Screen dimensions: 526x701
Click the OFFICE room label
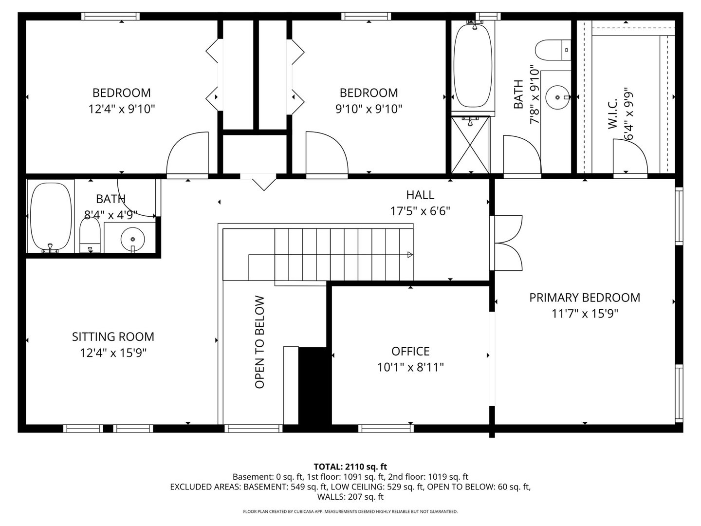[x=410, y=351]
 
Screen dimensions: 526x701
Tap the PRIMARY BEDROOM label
[x=584, y=298]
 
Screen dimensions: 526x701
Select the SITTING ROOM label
[x=113, y=337]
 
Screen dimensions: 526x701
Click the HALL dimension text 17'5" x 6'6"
[x=420, y=211]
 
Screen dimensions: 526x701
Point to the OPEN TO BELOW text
[x=259, y=342]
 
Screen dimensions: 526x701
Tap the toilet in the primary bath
[x=553, y=49]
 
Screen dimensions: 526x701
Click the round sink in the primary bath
[x=557, y=97]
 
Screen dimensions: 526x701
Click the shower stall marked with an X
[x=470, y=145]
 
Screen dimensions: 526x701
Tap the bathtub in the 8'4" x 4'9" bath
[x=51, y=216]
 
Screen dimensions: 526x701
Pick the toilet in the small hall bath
[x=89, y=236]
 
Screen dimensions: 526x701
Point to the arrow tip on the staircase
[x=410, y=254]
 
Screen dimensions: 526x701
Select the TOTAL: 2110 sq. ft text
[x=350, y=467]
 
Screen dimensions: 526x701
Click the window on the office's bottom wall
[x=386, y=429]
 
